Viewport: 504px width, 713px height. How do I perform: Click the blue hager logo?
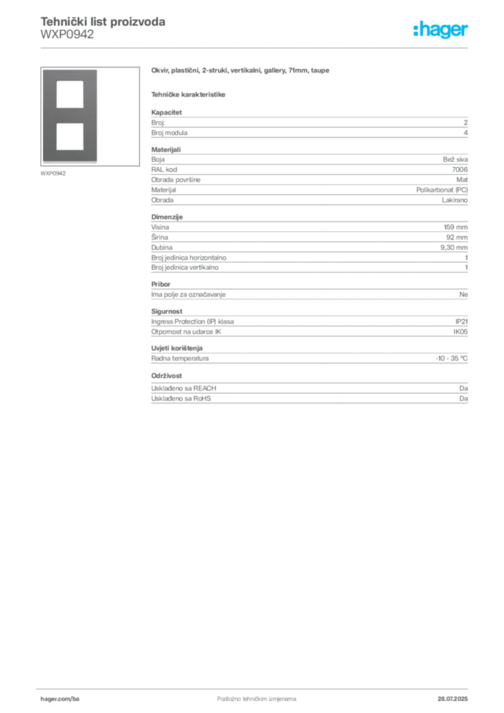(441, 30)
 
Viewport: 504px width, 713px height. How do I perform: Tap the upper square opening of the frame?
(70, 94)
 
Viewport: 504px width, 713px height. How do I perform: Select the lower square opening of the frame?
(70, 135)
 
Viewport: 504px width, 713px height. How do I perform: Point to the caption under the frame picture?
(53, 173)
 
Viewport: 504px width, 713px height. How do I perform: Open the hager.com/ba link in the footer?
(61, 697)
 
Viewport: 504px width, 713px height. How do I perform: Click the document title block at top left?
(103, 28)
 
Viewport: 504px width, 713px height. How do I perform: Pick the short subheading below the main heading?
(189, 95)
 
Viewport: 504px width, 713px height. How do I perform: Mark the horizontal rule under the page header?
(256, 47)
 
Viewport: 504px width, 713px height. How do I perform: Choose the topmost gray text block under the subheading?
(309, 125)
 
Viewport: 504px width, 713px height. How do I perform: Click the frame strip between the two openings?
(70, 115)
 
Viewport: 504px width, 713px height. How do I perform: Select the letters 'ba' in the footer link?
(77, 697)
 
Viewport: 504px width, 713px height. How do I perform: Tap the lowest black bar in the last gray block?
(337, 399)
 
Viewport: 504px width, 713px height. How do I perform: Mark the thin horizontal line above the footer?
(256, 687)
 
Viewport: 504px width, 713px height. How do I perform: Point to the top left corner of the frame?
(43, 71)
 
